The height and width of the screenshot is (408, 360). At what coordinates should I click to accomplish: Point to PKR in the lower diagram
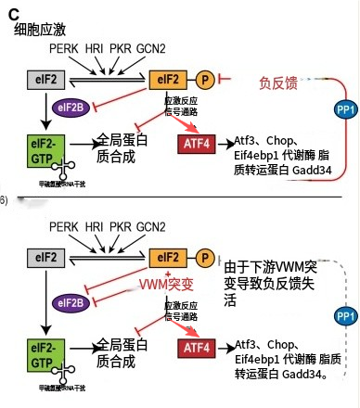click(122, 226)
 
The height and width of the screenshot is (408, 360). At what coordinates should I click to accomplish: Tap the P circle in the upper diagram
click(203, 81)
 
